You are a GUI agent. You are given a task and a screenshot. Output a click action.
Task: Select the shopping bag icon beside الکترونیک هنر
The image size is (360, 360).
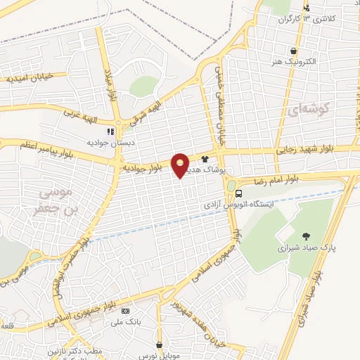point(292,51)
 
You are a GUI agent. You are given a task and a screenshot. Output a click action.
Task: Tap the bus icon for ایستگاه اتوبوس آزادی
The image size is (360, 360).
point(239,193)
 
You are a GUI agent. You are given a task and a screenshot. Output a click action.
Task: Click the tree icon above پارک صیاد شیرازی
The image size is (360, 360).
point(305,236)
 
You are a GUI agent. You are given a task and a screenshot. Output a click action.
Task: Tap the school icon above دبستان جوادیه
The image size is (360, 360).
point(110,131)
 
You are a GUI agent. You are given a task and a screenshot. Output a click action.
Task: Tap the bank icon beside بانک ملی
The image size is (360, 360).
point(125,311)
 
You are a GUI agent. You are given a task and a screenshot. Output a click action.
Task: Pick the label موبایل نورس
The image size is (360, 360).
point(160,355)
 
